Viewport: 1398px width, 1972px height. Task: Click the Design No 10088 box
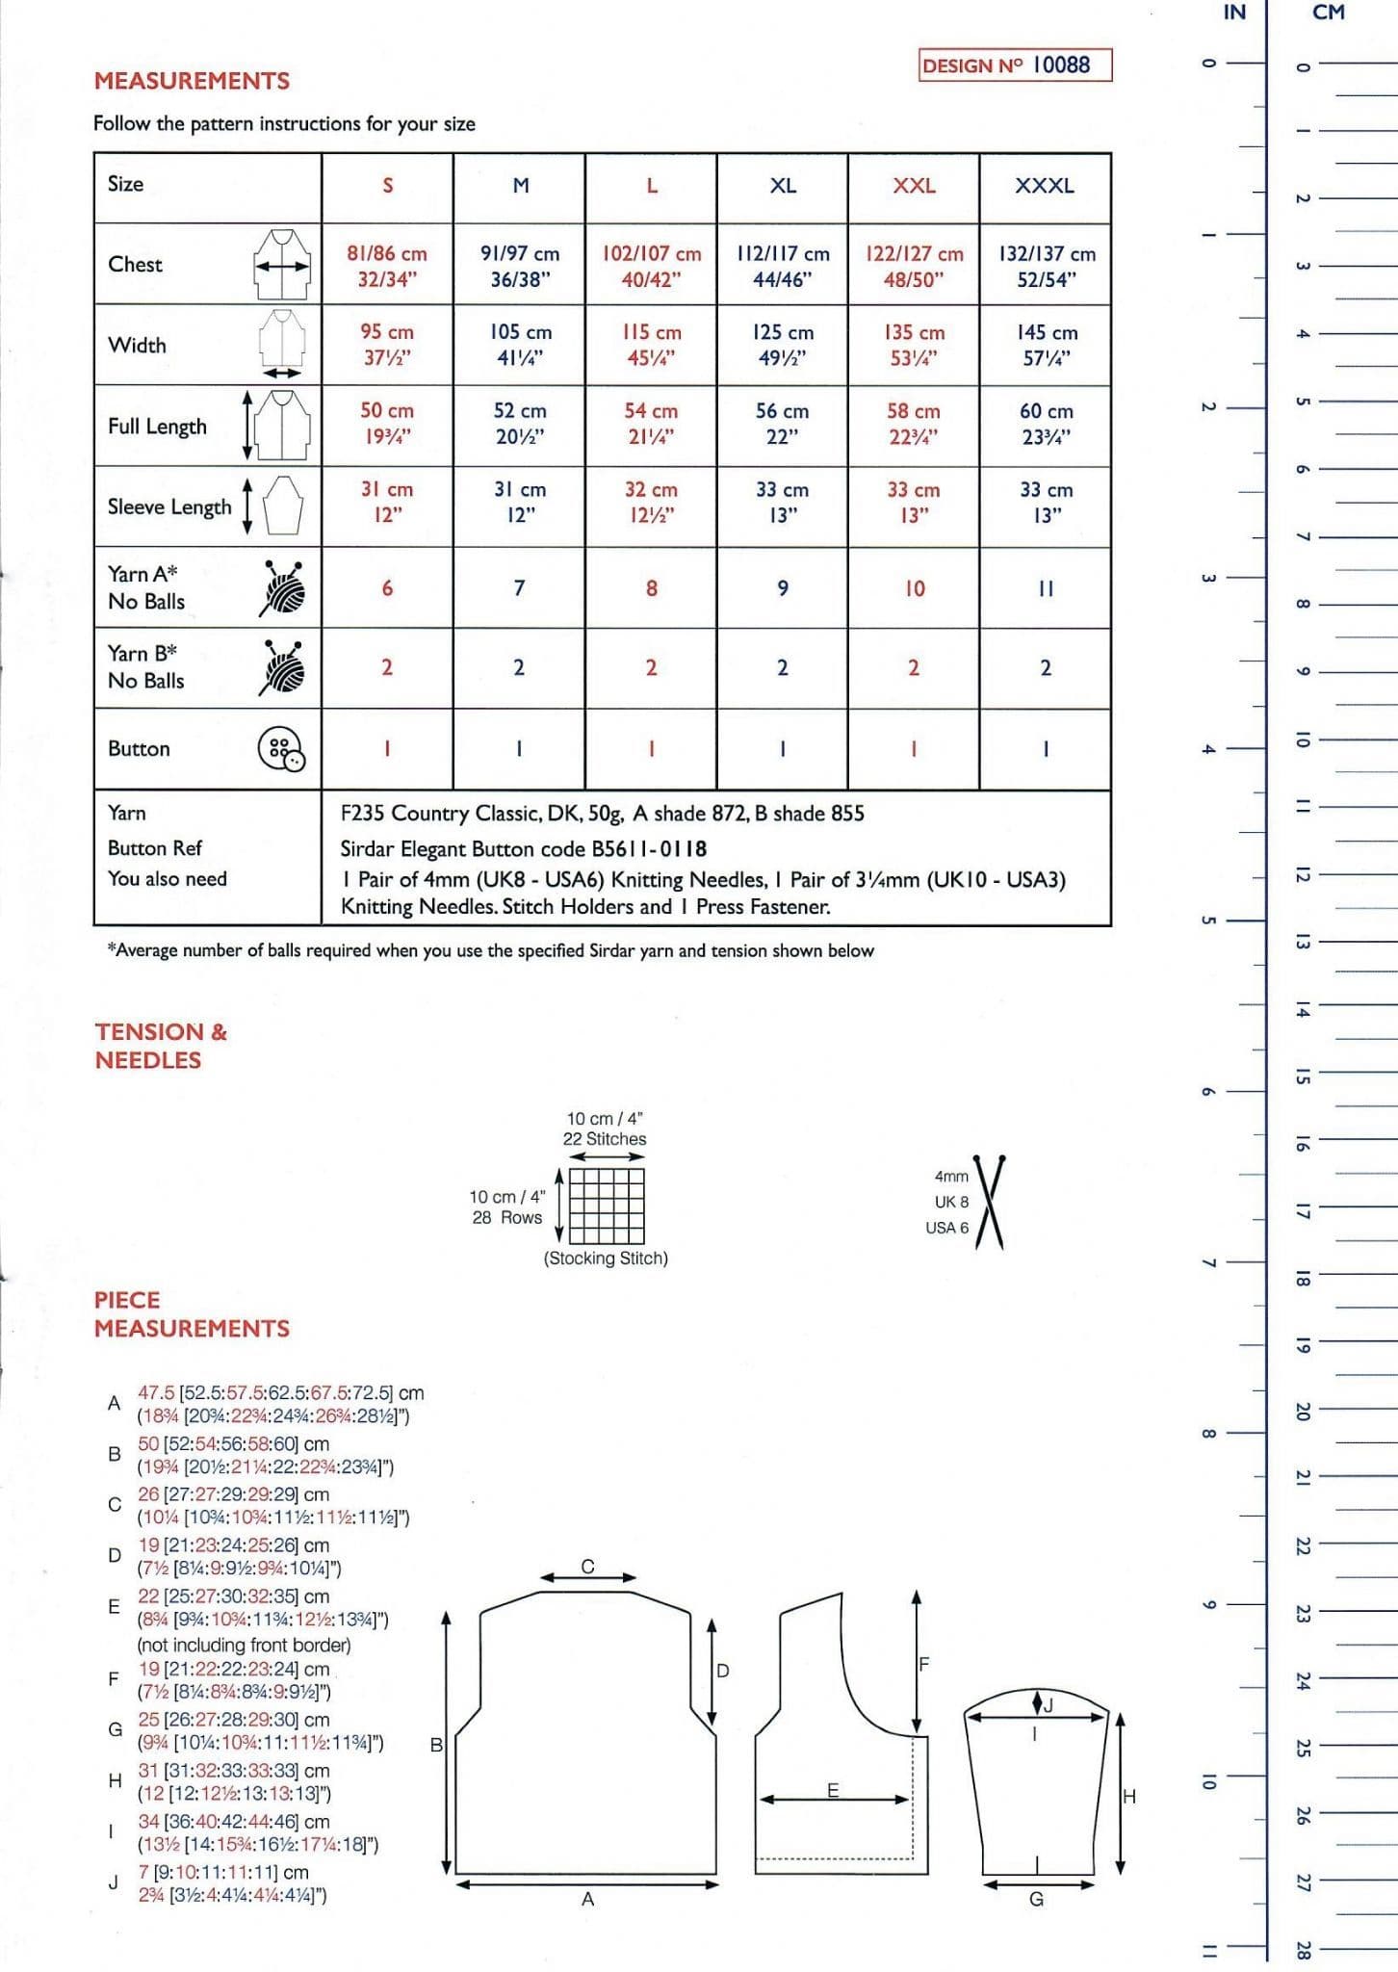click(1015, 65)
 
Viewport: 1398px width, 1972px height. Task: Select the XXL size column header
click(914, 186)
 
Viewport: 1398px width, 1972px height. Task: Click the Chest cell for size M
click(519, 266)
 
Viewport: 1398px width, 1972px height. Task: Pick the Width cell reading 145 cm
click(1047, 345)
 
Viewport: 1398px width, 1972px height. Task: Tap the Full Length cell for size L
click(651, 424)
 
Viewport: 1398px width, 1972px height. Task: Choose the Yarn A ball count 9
click(783, 588)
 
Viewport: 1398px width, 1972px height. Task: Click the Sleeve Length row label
click(169, 506)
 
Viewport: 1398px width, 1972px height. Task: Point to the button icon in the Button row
click(280, 749)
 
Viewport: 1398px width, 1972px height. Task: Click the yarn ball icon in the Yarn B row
click(282, 667)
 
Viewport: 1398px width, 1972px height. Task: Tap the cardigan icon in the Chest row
click(281, 265)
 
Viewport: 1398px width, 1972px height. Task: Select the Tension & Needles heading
click(161, 1046)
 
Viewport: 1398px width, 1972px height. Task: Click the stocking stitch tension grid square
click(607, 1206)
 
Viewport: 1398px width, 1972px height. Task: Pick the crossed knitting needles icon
click(990, 1202)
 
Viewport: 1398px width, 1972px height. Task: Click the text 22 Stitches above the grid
click(605, 1139)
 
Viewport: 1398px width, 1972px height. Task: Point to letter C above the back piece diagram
click(587, 1567)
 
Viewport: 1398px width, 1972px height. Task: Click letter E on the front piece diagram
click(833, 1790)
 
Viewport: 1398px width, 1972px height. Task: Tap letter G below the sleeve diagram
click(1036, 1899)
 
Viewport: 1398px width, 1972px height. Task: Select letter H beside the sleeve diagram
click(1129, 1795)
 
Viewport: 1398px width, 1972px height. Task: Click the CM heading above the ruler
click(1329, 13)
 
